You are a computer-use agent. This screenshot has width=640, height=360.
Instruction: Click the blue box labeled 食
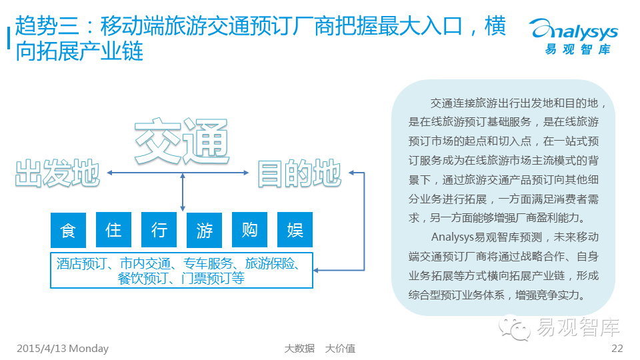(68, 230)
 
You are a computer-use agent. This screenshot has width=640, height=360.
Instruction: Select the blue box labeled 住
(113, 230)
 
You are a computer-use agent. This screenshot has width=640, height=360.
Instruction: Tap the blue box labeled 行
(159, 230)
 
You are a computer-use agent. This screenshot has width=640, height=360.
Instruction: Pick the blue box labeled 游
(204, 230)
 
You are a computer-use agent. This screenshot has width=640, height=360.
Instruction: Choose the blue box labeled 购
(249, 230)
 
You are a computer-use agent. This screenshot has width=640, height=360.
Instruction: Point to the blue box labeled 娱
(295, 230)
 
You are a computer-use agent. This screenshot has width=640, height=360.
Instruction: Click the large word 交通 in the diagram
(181, 142)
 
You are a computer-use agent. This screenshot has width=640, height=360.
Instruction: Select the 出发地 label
(57, 173)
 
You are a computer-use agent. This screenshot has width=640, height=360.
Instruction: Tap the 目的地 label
(299, 173)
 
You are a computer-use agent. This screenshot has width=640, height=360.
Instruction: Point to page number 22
(617, 349)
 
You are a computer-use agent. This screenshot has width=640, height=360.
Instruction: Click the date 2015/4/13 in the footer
(41, 349)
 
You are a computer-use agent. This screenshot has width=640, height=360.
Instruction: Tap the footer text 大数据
(299, 349)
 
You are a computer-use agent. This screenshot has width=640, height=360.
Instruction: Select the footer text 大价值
(340, 349)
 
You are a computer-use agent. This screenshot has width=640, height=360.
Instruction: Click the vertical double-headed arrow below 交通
(182, 193)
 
